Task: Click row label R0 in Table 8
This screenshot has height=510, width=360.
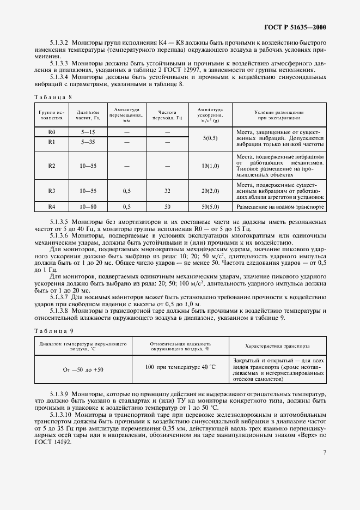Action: pyautogui.click(x=52, y=132)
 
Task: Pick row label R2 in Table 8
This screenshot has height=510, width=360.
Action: pyautogui.click(x=52, y=165)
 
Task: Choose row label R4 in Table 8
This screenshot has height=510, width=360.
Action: pyautogui.click(x=52, y=207)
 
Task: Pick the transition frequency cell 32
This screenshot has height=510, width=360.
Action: pyautogui.click(x=167, y=191)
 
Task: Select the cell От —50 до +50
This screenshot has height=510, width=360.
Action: pyautogui.click(x=83, y=370)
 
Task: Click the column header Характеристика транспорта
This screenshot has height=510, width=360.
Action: pyautogui.click(x=278, y=345)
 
